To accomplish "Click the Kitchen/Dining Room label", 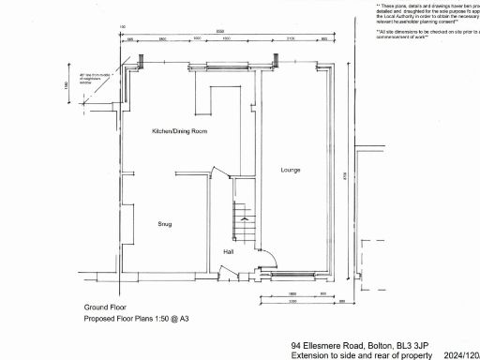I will pos(179,132).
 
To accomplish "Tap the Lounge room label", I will pos(290,170).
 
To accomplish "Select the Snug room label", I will pos(165,224).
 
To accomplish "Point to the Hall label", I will pos(228,252).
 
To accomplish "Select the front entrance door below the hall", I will pos(225,273).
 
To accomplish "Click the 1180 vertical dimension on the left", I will pos(67,85).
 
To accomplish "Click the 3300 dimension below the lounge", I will pos(292,302).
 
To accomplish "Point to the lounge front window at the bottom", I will pos(296,276).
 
